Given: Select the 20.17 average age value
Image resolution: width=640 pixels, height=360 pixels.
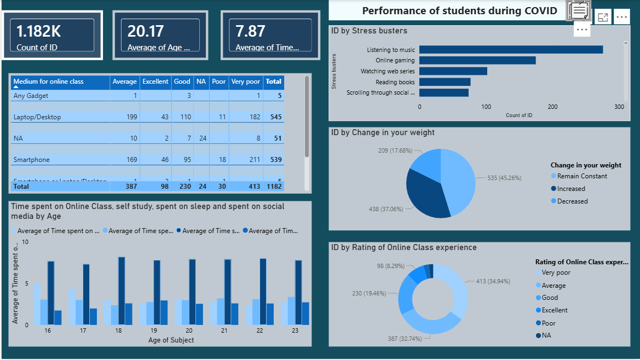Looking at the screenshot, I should click(x=146, y=31).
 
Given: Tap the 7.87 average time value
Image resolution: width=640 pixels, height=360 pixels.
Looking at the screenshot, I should click(x=250, y=31).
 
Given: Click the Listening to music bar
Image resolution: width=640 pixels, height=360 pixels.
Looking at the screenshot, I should click(x=511, y=50).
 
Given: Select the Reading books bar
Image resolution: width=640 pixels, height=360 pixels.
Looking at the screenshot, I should click(x=445, y=82).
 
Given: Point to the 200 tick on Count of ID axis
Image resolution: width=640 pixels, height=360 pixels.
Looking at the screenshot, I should click(x=552, y=107).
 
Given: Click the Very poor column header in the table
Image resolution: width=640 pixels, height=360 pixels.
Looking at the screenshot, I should click(x=245, y=82).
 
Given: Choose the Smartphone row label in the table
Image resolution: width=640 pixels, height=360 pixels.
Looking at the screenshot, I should click(x=31, y=160).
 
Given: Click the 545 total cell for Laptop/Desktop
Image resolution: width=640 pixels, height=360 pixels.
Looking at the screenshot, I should click(x=275, y=117).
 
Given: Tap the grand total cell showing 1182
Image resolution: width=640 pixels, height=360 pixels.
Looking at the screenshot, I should click(x=274, y=187).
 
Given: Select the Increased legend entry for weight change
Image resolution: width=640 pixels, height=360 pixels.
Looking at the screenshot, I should click(x=571, y=189).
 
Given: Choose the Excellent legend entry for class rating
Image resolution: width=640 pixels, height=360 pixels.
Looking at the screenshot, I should click(x=554, y=310).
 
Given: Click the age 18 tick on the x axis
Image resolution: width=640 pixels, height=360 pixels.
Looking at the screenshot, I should click(x=118, y=331).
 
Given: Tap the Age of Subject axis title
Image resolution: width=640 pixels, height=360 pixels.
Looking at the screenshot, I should click(x=171, y=340).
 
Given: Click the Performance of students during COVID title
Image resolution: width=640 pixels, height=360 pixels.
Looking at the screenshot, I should click(x=459, y=10).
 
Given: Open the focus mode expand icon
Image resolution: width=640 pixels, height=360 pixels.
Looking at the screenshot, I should click(x=603, y=18).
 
